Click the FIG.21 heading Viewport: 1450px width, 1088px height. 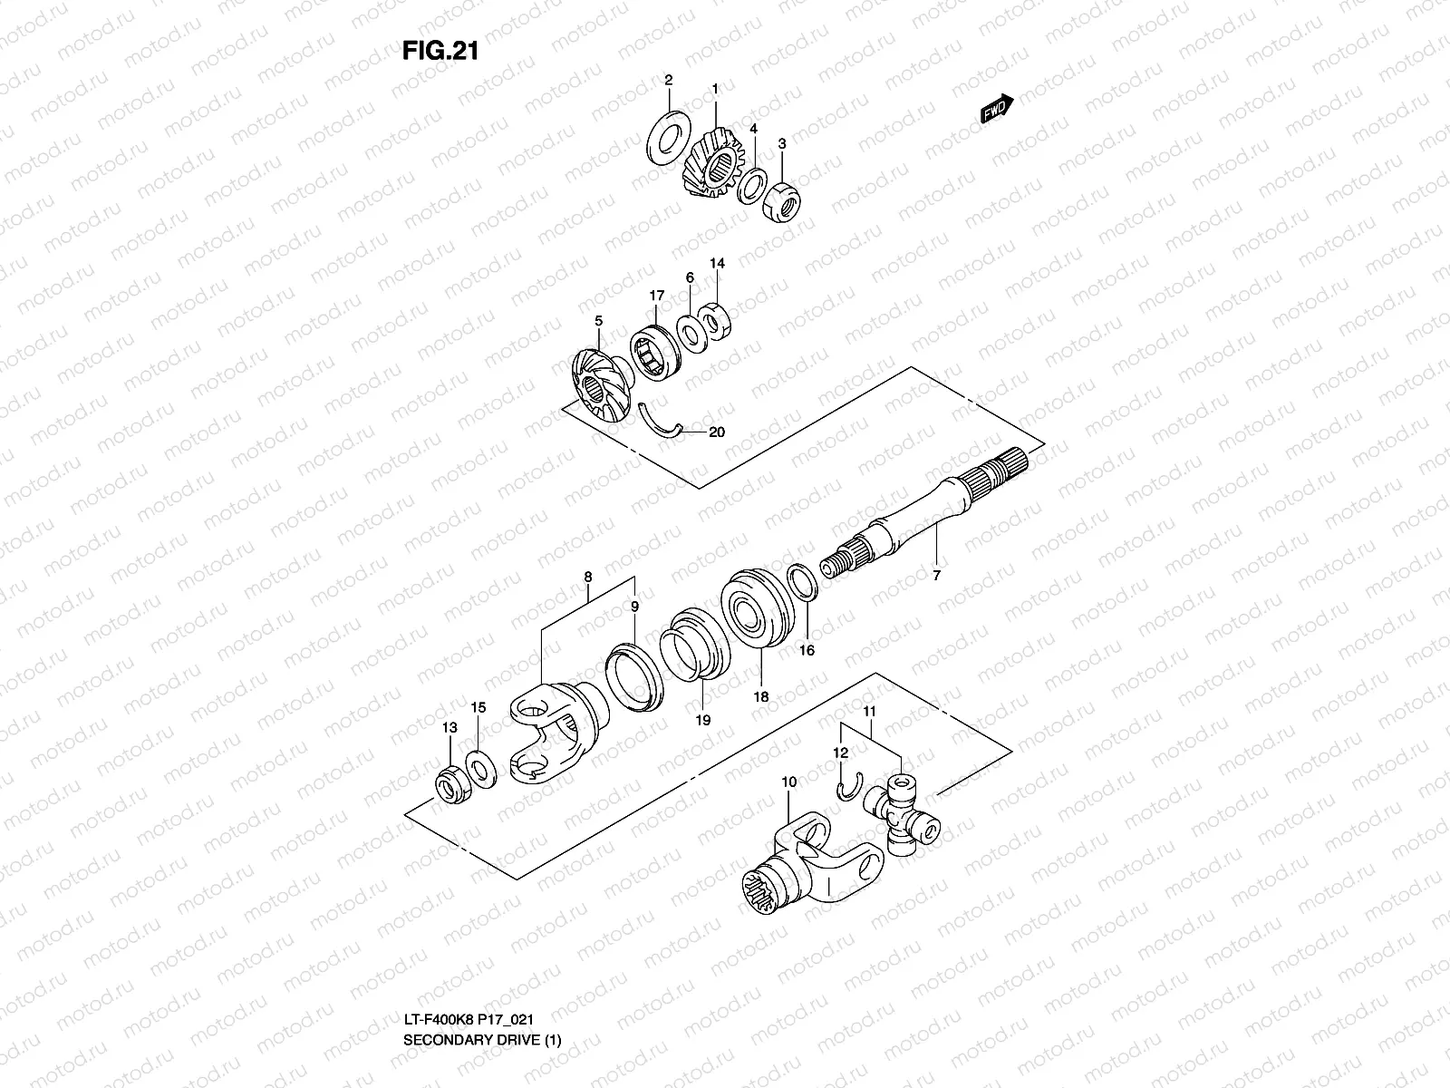tap(440, 52)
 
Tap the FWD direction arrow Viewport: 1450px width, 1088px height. tap(997, 108)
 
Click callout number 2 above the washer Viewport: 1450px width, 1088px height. tap(668, 80)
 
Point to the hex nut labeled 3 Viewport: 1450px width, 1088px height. tap(779, 200)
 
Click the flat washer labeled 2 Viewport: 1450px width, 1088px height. tap(668, 137)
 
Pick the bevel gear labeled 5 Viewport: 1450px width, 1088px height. tap(597, 382)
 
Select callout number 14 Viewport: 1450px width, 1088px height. tap(717, 264)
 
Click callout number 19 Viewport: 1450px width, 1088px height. tap(702, 721)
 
